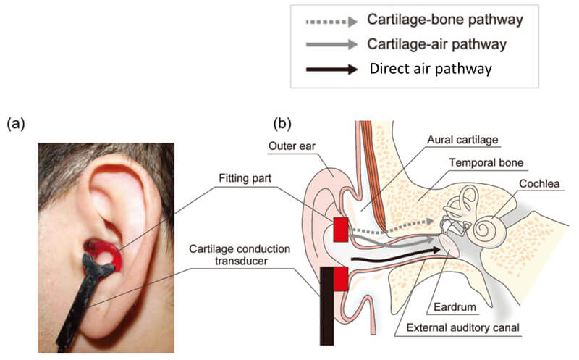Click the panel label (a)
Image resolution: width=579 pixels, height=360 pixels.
(x=16, y=125)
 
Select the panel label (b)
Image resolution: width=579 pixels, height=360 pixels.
(x=283, y=125)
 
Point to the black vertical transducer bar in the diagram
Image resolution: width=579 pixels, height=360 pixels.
(x=326, y=304)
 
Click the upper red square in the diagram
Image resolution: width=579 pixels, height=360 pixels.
(x=341, y=230)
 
